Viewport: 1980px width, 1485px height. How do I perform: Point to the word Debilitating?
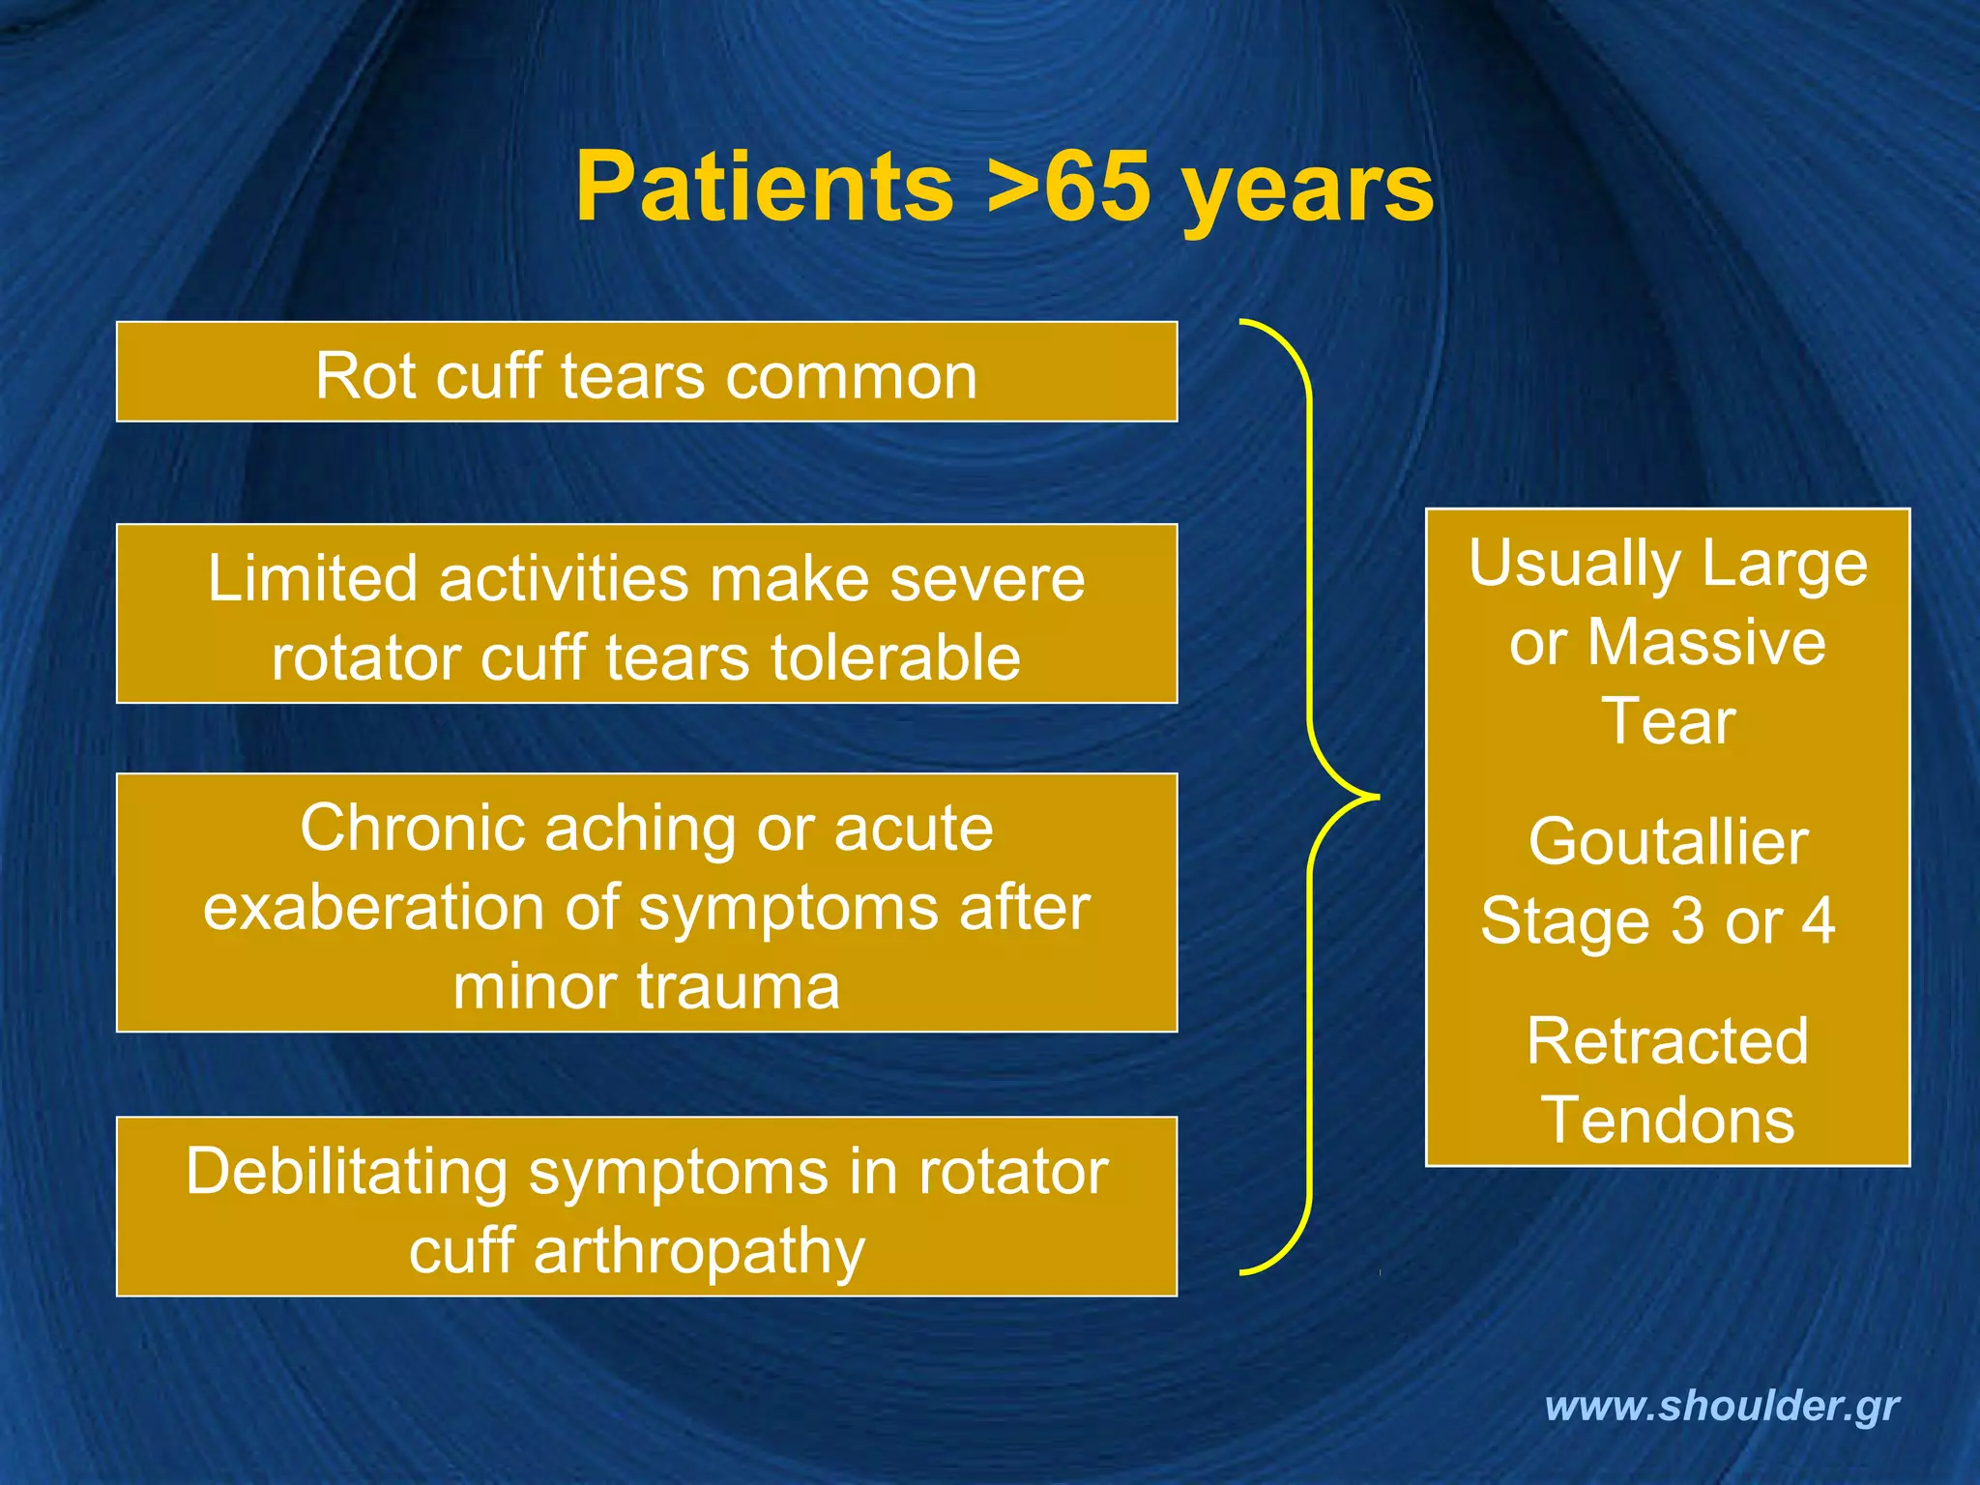347,1172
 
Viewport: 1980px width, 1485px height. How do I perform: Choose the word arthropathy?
699,1252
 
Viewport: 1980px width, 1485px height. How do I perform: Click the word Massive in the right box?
1706,643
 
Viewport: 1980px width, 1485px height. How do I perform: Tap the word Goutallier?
1668,842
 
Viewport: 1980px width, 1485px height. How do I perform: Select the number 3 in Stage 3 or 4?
1687,921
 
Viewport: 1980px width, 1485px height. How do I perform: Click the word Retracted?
1668,1041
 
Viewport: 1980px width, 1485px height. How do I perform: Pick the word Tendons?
1668,1121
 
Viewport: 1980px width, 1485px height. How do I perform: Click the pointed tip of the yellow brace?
1377,797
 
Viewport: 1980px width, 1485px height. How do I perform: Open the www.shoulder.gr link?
1722,1406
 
